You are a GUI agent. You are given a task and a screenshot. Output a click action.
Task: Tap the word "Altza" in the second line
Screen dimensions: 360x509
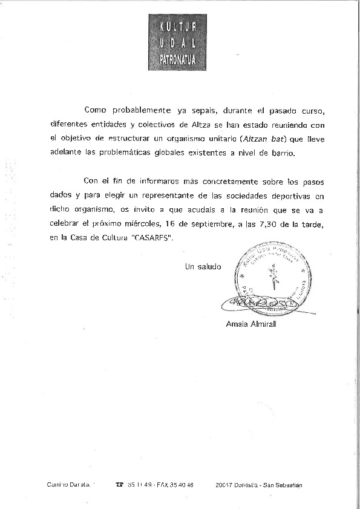(x=197, y=125)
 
